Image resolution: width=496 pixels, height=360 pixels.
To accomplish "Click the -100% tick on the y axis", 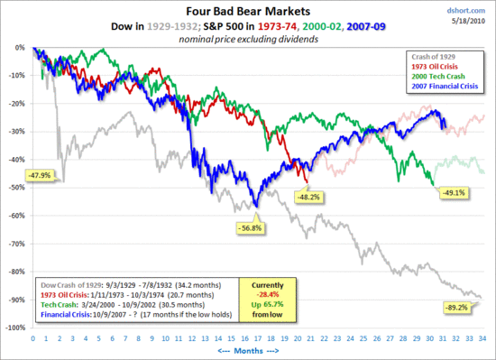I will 14,328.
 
